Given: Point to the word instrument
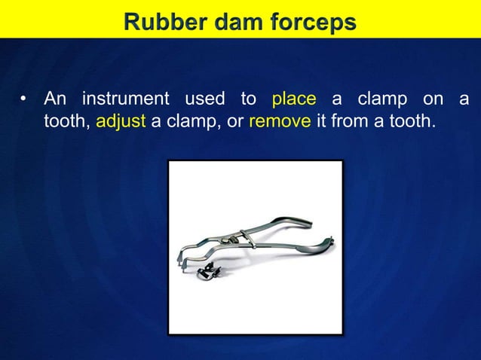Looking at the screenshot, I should (x=125, y=99).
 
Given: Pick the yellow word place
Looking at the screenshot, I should (x=294, y=99).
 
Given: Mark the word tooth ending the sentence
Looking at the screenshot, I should (x=411, y=121).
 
